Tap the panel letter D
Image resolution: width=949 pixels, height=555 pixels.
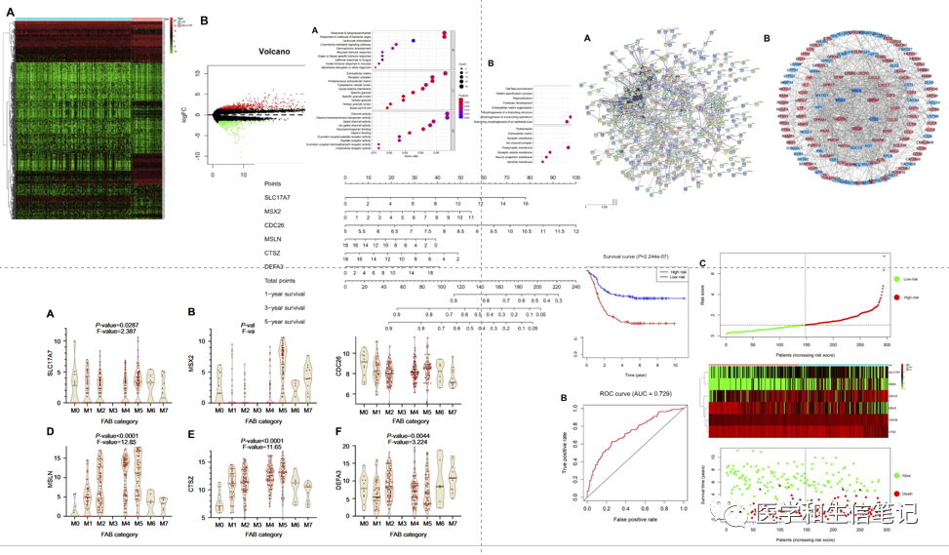tap(51, 432)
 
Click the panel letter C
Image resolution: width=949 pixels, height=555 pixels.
tap(704, 261)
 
